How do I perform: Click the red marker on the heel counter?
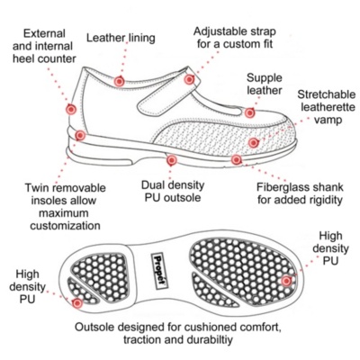71,110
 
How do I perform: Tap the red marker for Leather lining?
119,81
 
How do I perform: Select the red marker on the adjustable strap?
189,79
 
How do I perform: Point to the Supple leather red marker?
249,112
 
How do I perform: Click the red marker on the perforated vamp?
254,142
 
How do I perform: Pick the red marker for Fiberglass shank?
237,159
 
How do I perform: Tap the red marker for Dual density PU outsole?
171,160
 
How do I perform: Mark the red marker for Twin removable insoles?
80,136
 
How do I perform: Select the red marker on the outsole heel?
77,303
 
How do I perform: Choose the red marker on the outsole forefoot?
286,281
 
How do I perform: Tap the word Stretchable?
327,94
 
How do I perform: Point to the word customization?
65,226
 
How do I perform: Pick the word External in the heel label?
44,33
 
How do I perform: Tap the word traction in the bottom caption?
139,339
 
